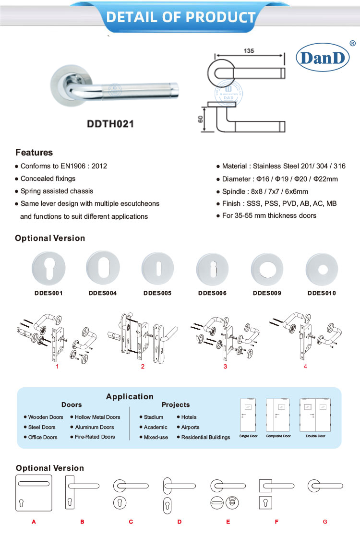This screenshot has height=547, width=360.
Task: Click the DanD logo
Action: click(322, 58)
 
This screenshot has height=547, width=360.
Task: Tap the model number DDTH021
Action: click(110, 123)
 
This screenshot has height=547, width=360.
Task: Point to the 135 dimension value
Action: click(249, 50)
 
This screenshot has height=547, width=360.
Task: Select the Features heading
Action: click(34, 153)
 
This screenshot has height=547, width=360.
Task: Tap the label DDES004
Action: click(103, 293)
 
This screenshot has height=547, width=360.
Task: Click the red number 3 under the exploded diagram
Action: click(225, 367)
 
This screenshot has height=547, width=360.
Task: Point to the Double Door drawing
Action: click(315, 415)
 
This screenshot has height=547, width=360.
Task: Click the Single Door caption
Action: click(249, 436)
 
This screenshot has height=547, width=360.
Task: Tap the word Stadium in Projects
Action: click(154, 417)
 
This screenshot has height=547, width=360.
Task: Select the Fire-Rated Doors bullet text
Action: click(95, 437)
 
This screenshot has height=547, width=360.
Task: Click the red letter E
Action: click(228, 522)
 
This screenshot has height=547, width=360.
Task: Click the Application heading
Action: click(130, 396)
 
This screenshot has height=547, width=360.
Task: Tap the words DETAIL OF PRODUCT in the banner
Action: click(180, 17)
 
